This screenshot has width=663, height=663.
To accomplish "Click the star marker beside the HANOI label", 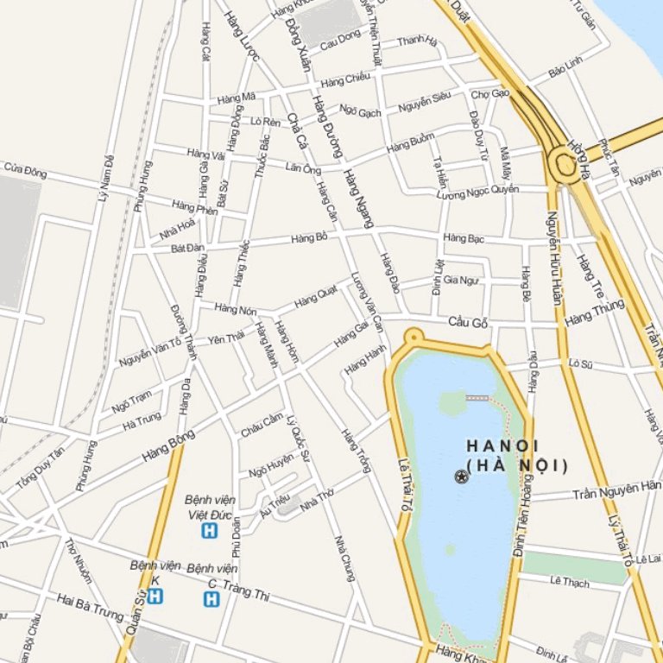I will pyautogui.click(x=462, y=477).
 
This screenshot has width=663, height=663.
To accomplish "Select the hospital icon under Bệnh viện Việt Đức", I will pyautogui.click(x=208, y=531).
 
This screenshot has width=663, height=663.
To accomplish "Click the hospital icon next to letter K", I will pyautogui.click(x=155, y=596).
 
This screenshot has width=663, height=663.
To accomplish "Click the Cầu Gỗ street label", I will pyautogui.click(x=468, y=323).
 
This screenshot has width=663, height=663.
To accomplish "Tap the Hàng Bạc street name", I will pyautogui.click(x=463, y=237).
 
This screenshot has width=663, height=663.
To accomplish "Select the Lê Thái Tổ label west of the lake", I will pyautogui.click(x=402, y=488).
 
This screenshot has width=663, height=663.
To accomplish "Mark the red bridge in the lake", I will pyautogui.click(x=477, y=397).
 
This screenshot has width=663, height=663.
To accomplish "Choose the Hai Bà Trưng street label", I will pyautogui.click(x=90, y=607).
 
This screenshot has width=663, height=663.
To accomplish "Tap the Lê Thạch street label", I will pyautogui.click(x=570, y=582).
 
